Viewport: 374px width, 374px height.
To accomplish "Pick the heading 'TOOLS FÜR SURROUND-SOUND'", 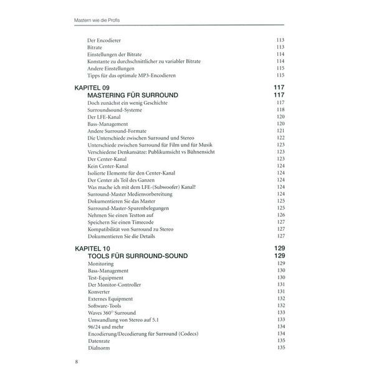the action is (x=138, y=256).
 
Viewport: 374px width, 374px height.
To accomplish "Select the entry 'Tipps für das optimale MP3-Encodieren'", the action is (x=132, y=75).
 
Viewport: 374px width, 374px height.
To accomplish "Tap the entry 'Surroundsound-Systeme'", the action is (x=115, y=110).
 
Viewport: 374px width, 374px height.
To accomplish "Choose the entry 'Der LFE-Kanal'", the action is (x=104, y=117).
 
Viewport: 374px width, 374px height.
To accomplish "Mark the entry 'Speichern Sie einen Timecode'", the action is (x=121, y=222).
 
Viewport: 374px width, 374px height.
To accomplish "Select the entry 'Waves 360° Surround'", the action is (x=113, y=312).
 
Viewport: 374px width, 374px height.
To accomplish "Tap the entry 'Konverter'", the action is (x=100, y=291).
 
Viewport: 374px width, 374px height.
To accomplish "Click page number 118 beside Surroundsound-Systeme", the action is (x=280, y=110).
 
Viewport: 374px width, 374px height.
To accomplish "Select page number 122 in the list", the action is (x=280, y=137).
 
